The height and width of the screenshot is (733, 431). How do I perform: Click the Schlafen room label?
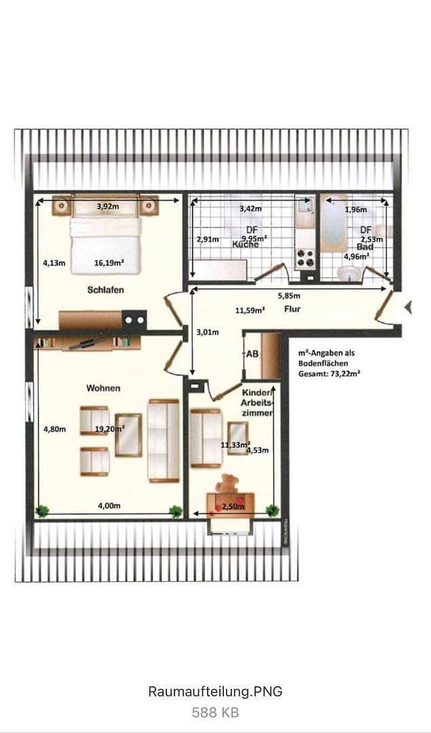(105, 290)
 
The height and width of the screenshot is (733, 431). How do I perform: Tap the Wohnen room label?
(103, 388)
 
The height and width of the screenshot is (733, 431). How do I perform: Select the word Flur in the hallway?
(293, 309)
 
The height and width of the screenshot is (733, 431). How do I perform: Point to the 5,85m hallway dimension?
(289, 296)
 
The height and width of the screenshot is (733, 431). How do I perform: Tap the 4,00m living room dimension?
(109, 506)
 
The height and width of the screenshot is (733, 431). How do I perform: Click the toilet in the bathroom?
(350, 273)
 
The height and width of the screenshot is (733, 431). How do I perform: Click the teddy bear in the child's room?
(227, 484)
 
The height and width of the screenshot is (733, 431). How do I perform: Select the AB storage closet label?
(252, 354)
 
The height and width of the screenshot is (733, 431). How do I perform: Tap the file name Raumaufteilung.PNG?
(214, 692)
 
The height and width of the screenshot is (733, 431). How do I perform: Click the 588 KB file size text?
(214, 712)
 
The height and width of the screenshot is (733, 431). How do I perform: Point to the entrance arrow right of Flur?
(407, 308)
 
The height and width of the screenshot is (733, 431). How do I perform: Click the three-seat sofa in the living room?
(163, 440)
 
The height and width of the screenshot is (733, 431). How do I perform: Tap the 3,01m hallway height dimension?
(207, 333)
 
